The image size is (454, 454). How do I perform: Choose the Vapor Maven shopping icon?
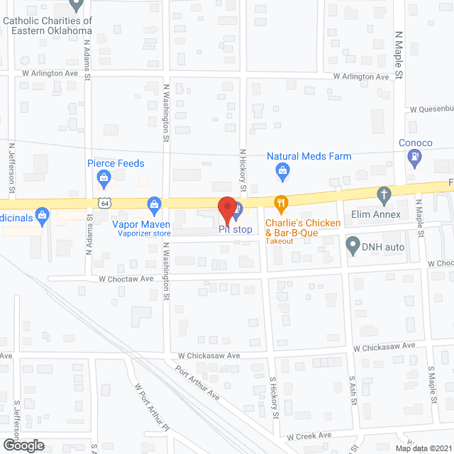click(154, 206)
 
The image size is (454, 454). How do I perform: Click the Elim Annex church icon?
click(384, 194)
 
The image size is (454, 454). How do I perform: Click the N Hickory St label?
click(242, 170)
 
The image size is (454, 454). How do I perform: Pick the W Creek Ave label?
click(309, 436)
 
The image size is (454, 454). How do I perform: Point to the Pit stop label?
click(234, 230)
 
